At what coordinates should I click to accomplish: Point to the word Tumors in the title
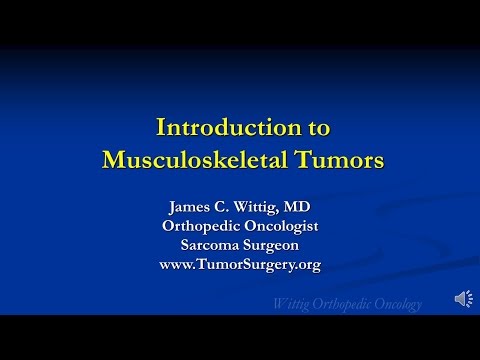click(336, 160)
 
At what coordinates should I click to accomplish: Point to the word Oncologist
click(283, 226)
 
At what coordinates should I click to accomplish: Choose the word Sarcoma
click(208, 245)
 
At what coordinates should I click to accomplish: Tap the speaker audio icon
click(465, 299)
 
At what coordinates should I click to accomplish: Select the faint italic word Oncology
click(393, 304)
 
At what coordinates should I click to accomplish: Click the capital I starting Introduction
click(162, 128)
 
